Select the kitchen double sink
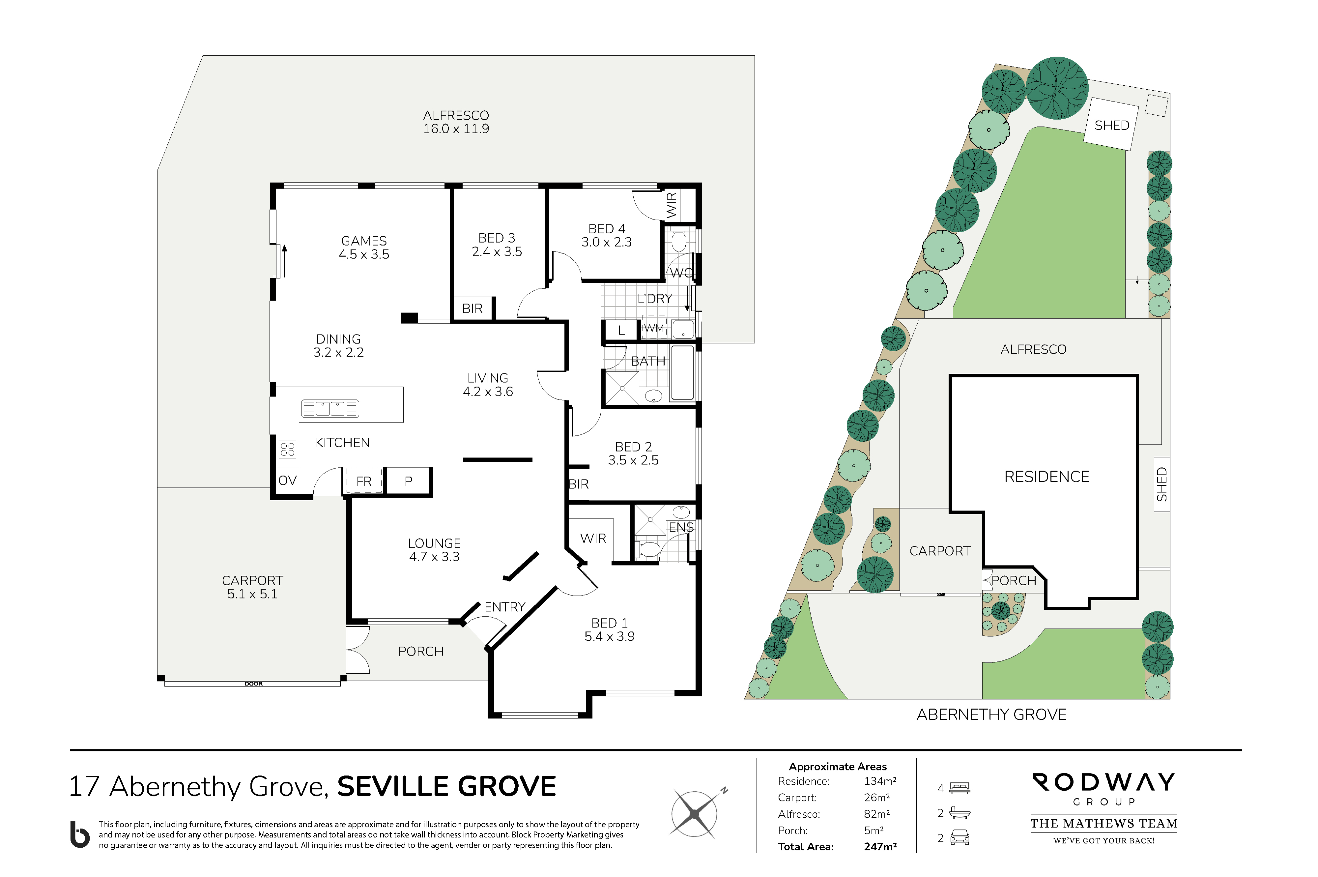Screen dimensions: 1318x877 click(x=330, y=408)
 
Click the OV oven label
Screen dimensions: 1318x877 click(x=287, y=481)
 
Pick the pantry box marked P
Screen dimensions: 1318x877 click(x=409, y=481)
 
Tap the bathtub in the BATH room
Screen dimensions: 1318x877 click(x=682, y=372)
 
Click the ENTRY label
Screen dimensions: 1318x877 click(x=504, y=607)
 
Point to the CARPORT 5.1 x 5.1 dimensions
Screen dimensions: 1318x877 click(x=252, y=594)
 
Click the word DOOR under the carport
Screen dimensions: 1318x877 click(x=253, y=684)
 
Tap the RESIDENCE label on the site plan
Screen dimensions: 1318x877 click(x=1046, y=477)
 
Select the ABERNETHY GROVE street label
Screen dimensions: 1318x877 click(x=991, y=714)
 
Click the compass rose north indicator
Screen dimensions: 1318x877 click(x=724, y=790)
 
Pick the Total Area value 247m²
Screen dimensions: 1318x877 click(x=880, y=846)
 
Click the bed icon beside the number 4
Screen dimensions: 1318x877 click(x=960, y=788)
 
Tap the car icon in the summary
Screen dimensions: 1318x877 click(x=960, y=837)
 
